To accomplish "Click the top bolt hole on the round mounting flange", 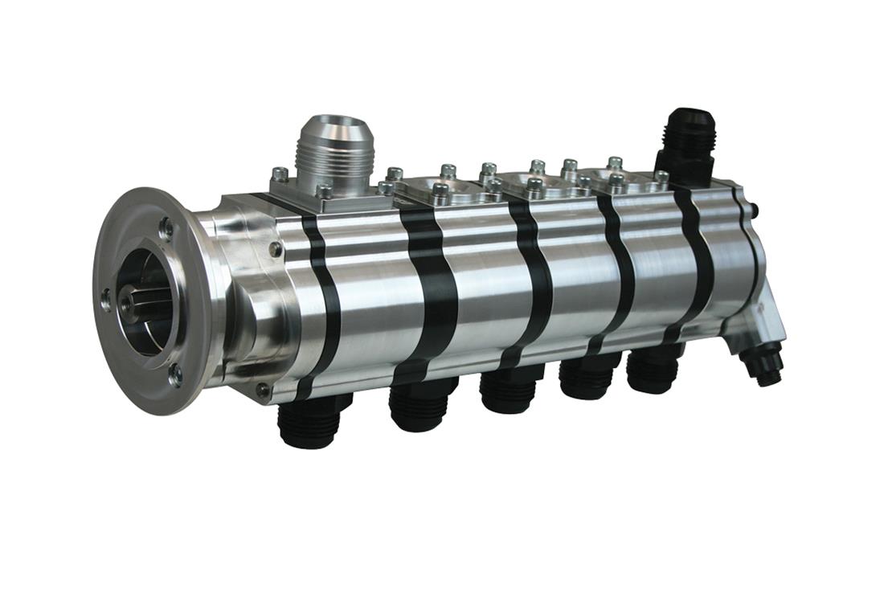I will (x=166, y=228).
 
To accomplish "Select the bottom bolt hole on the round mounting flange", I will (x=174, y=374).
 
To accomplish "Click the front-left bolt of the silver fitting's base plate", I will (x=279, y=174).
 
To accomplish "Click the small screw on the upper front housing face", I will (x=276, y=249).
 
